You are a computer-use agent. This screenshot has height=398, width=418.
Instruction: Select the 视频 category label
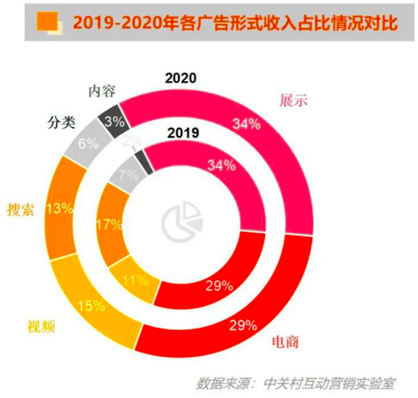(40, 326)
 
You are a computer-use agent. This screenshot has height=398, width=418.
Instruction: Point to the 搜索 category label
(21, 210)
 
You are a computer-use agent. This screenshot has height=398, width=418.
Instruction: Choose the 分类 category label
(61, 123)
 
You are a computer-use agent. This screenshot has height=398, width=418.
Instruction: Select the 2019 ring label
(183, 132)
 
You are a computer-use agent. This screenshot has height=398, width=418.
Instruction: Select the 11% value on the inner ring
(135, 280)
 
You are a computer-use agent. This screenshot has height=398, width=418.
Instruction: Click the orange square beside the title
(49, 21)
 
